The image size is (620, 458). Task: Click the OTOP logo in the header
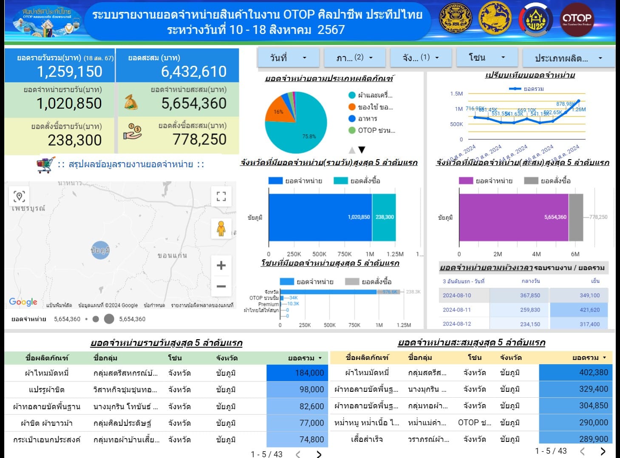(577, 19)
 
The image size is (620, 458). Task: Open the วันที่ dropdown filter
(288, 58)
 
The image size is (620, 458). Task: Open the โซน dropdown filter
(487, 57)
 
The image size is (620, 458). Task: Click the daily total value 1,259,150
(70, 72)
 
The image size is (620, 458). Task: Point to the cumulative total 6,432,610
(194, 72)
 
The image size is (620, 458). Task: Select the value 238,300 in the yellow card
(75, 140)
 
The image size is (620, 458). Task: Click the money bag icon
(131, 102)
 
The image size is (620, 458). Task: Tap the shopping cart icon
(46, 164)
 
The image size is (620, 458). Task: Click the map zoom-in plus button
(221, 266)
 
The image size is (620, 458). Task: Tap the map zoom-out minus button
(221, 286)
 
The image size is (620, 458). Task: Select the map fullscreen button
(221, 196)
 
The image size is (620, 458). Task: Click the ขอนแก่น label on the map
(172, 256)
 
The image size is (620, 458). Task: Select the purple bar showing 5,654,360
(513, 217)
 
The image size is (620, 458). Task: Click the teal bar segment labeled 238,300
(384, 217)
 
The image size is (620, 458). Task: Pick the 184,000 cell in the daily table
(297, 373)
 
